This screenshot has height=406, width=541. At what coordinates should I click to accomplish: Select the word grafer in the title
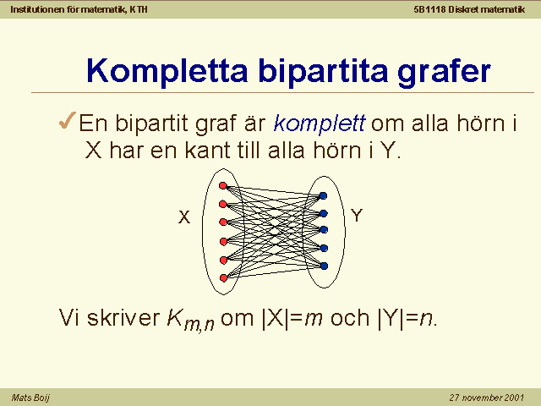click(444, 72)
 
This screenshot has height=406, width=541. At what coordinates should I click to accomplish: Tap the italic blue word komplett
click(320, 123)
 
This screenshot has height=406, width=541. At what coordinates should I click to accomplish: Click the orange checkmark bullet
click(68, 120)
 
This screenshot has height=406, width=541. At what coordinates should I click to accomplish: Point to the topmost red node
click(223, 186)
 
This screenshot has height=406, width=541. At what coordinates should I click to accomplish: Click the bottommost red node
click(223, 278)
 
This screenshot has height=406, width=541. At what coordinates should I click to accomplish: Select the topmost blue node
click(323, 195)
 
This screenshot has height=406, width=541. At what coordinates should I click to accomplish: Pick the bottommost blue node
click(324, 266)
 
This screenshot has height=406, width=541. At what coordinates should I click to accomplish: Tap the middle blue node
click(324, 229)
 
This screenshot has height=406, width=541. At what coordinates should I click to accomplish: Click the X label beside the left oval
click(184, 217)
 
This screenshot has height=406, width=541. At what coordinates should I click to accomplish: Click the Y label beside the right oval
click(357, 216)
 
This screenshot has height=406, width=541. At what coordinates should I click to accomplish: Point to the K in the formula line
click(175, 317)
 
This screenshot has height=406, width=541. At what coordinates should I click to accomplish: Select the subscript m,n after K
click(199, 325)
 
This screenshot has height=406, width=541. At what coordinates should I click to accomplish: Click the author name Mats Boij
click(30, 398)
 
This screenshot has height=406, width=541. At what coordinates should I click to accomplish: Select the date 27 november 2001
click(487, 398)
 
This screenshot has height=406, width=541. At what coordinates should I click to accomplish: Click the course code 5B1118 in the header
click(429, 9)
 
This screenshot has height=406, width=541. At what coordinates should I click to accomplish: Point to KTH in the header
click(139, 9)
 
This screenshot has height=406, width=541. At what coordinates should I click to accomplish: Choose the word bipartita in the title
click(323, 72)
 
